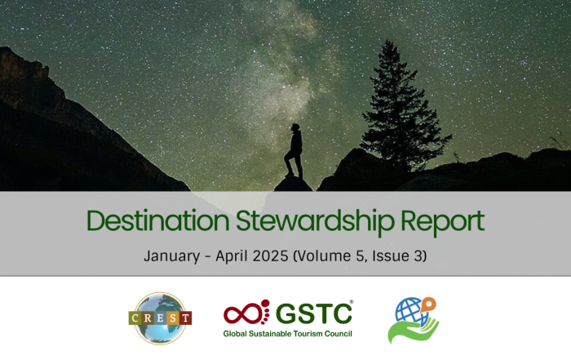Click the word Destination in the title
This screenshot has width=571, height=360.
click(157, 220)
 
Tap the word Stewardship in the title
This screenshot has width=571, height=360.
click(315, 222)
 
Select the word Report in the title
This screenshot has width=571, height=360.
click(442, 222)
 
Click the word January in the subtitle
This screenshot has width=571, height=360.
click(172, 256)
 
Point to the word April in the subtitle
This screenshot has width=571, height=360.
click(232, 256)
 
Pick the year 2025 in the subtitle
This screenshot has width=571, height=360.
click(270, 256)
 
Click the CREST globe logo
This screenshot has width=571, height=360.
click(160, 318)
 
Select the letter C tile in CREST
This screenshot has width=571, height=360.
click(135, 318)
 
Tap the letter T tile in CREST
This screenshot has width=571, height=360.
click(186, 318)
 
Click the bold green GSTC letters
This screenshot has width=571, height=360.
click(314, 313)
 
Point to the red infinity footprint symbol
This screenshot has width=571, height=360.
click(246, 313)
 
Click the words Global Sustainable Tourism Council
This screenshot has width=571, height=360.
click(288, 333)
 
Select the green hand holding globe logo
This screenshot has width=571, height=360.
click(413, 320)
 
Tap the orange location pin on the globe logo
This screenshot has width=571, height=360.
click(428, 304)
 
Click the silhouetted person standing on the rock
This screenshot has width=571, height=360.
click(294, 150)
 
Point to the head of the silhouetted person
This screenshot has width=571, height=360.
click(295, 127)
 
